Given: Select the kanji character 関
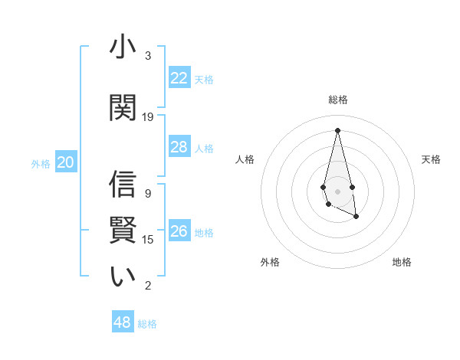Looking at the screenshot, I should point(123,108).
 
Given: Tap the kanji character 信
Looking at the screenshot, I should point(123,185).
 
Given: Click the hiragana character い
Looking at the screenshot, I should point(123,277).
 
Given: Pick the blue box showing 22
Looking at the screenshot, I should point(179,78).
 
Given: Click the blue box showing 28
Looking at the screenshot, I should point(179,147).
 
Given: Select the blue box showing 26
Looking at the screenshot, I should point(179,231).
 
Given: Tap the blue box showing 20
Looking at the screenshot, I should point(66,162).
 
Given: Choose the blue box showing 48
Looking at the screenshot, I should point(123,322).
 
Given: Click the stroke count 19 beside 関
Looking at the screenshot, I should point(148,117).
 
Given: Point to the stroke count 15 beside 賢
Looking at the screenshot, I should point(148,240).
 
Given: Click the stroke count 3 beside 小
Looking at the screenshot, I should point(148,56).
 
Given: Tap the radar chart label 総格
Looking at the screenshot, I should point(337,100).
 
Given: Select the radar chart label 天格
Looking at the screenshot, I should point(431,159).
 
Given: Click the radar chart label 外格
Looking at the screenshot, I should point(270,262).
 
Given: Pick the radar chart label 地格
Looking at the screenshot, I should point(402,262).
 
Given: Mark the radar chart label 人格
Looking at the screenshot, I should point(245,159).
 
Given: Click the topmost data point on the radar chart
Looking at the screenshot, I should point(337,129).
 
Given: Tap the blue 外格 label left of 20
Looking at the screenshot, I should point(41,163).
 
